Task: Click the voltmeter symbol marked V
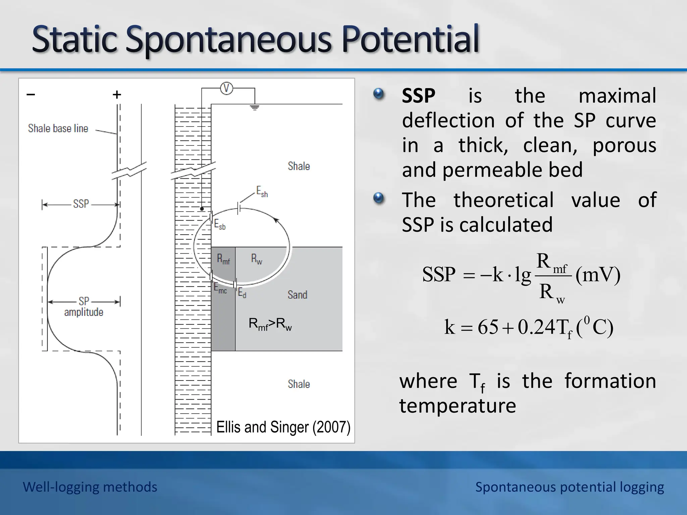(227, 89)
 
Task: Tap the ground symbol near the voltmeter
(255, 108)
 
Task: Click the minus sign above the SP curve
(31, 95)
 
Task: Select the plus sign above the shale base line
(117, 95)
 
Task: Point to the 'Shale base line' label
(58, 128)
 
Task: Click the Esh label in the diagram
(262, 192)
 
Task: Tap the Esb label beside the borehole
(220, 224)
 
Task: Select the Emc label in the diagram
(220, 288)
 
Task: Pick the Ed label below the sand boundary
(242, 293)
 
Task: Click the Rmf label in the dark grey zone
(223, 259)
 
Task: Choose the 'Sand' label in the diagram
(298, 295)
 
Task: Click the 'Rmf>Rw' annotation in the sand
(270, 324)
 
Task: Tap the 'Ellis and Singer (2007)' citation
(283, 427)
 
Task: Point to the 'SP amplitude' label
(84, 306)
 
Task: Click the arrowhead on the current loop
(276, 220)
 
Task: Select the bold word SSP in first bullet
(419, 96)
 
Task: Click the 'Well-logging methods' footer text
(90, 487)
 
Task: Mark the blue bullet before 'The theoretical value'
(378, 198)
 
